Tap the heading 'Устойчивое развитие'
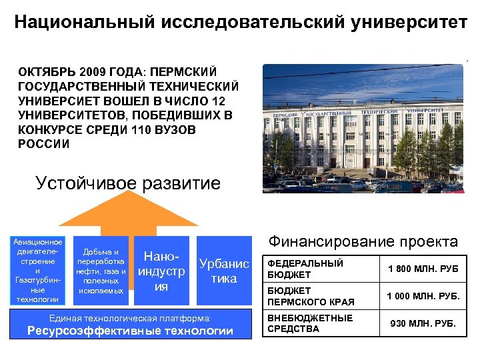(x=127, y=183)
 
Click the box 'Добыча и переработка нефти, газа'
(x=101, y=271)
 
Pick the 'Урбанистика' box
(x=224, y=271)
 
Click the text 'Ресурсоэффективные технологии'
(x=131, y=331)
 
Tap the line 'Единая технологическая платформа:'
(x=131, y=317)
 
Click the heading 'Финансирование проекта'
(x=363, y=241)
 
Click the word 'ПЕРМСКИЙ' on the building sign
(x=291, y=115)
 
